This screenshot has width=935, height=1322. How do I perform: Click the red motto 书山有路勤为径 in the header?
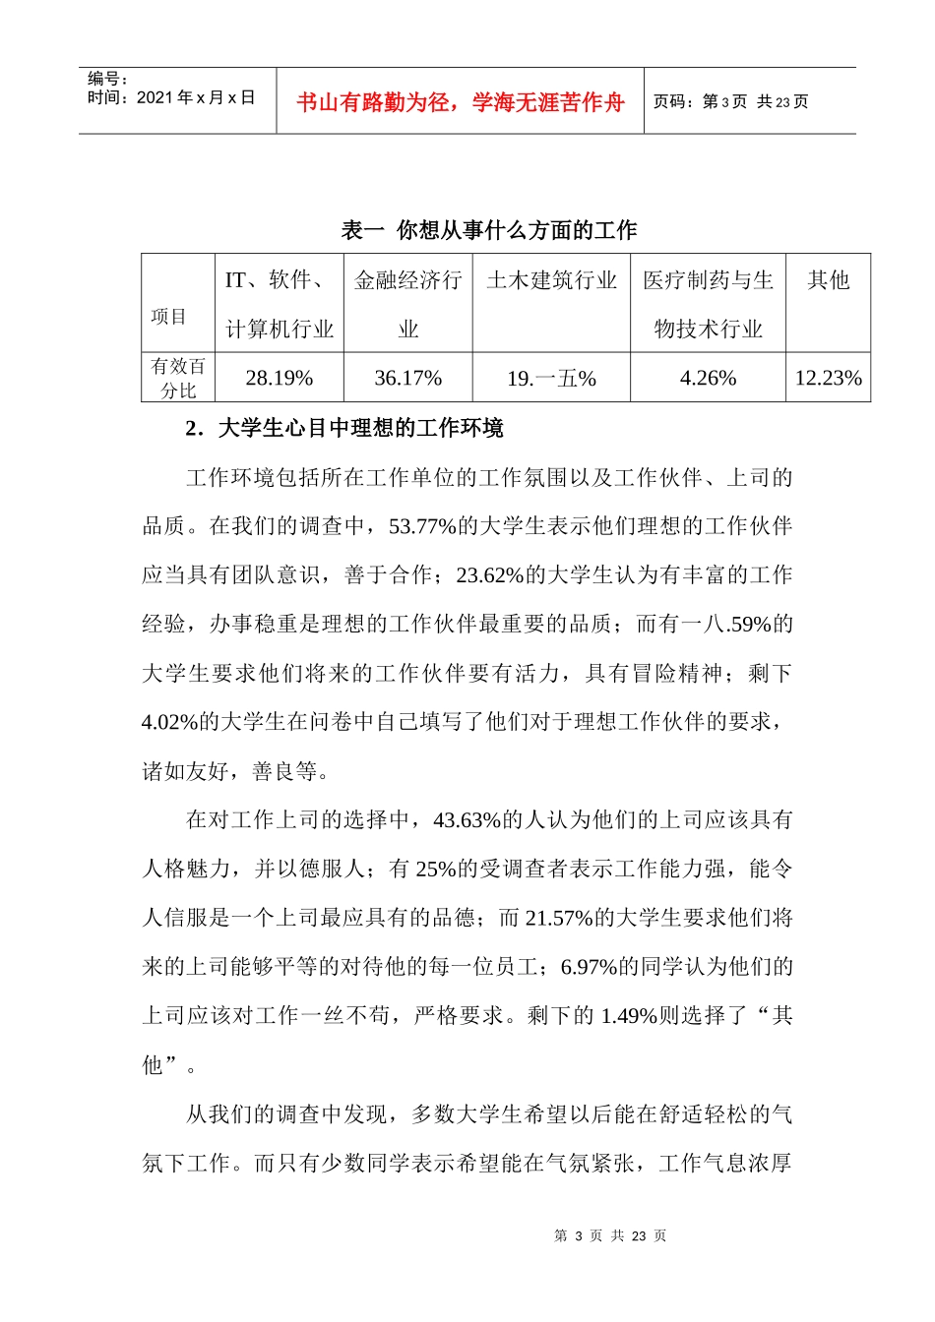460,102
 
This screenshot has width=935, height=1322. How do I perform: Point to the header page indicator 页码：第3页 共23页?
730,102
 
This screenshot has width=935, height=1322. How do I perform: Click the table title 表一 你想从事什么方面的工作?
489,230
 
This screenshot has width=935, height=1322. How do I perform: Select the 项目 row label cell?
169,317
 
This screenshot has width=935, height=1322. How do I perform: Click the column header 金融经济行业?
408,303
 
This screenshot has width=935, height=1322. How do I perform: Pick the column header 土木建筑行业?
551,281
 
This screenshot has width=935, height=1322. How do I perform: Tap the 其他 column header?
828,281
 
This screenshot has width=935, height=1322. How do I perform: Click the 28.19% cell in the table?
280,379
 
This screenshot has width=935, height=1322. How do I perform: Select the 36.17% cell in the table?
408,379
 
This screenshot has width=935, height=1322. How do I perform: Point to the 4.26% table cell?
708,379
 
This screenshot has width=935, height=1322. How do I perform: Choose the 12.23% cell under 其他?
828,379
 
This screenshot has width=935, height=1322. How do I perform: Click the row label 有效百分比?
178,379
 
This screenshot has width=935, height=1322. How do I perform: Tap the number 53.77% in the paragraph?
421,526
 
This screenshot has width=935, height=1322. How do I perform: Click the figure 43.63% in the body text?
466,820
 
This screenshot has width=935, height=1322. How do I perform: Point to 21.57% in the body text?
558,918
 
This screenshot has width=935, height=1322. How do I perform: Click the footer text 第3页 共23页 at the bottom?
610,1236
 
